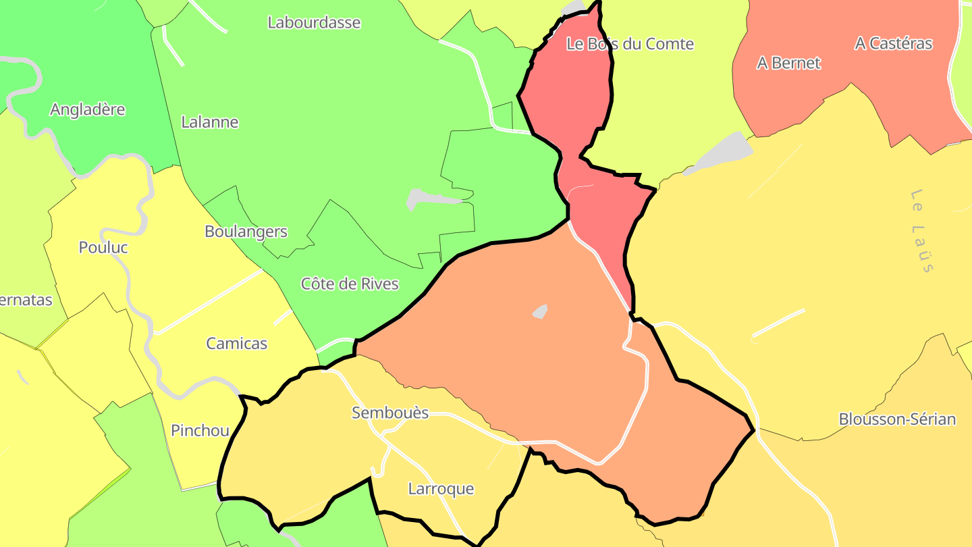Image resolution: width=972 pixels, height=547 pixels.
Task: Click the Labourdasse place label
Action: pyautogui.click(x=314, y=22)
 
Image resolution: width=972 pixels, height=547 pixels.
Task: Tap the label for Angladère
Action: pyautogui.click(x=88, y=109)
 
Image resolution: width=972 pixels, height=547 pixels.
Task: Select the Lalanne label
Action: pyautogui.click(x=210, y=122)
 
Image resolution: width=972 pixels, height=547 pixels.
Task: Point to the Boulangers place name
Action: pyautogui.click(x=246, y=232)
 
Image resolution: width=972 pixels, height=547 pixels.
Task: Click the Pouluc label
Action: pyautogui.click(x=103, y=247)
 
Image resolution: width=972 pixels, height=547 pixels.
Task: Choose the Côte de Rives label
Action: pyautogui.click(x=350, y=284)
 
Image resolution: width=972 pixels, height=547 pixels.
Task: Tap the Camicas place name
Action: pyautogui.click(x=236, y=344)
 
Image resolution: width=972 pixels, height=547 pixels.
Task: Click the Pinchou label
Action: pyautogui.click(x=200, y=431)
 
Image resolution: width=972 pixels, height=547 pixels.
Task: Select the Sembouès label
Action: pyautogui.click(x=390, y=413)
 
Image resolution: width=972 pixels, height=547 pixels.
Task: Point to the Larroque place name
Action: pyautogui.click(x=441, y=489)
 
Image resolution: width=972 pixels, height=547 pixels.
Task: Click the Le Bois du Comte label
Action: pyautogui.click(x=630, y=44)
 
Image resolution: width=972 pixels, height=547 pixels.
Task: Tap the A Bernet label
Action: pyautogui.click(x=788, y=63)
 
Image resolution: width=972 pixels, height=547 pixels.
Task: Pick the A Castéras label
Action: pyautogui.click(x=893, y=43)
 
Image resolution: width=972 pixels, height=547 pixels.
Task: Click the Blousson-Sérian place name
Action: pyautogui.click(x=897, y=419)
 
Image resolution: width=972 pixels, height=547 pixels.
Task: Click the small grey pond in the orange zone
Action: pyautogui.click(x=539, y=311)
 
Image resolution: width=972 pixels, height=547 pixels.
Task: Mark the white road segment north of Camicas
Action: pyautogui.click(x=209, y=302)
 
